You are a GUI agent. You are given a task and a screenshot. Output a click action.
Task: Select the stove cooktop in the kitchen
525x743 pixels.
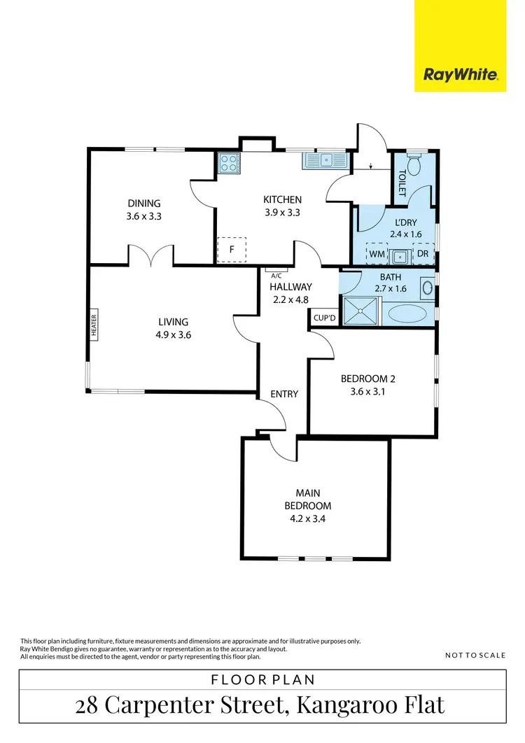point(229,163)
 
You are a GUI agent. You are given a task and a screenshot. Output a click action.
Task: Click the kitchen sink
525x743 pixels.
point(325,161)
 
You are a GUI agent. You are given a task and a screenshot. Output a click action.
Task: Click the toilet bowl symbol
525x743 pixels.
point(414,166)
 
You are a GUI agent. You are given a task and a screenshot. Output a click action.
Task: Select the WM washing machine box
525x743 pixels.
point(377,253)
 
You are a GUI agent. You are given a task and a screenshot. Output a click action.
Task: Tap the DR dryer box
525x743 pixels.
point(423,253)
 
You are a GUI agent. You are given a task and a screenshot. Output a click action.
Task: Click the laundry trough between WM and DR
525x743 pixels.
point(400,255)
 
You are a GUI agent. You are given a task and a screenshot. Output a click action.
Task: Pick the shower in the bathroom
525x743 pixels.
point(361,310)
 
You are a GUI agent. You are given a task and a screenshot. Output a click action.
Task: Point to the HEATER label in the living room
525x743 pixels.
point(94,325)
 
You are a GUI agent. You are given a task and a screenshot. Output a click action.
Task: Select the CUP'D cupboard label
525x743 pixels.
point(324,318)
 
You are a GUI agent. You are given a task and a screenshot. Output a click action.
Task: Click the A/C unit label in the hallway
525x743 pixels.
point(276,275)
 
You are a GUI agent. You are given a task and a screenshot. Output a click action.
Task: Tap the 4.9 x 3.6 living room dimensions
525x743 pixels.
point(174,334)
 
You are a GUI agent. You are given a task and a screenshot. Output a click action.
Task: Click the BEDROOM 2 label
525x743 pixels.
point(368,378)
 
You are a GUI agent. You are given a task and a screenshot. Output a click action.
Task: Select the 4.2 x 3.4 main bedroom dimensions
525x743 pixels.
point(308,518)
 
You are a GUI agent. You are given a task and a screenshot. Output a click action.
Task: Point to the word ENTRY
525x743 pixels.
point(284,394)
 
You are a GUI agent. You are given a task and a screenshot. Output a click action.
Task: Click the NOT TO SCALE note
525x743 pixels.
point(475,656)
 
